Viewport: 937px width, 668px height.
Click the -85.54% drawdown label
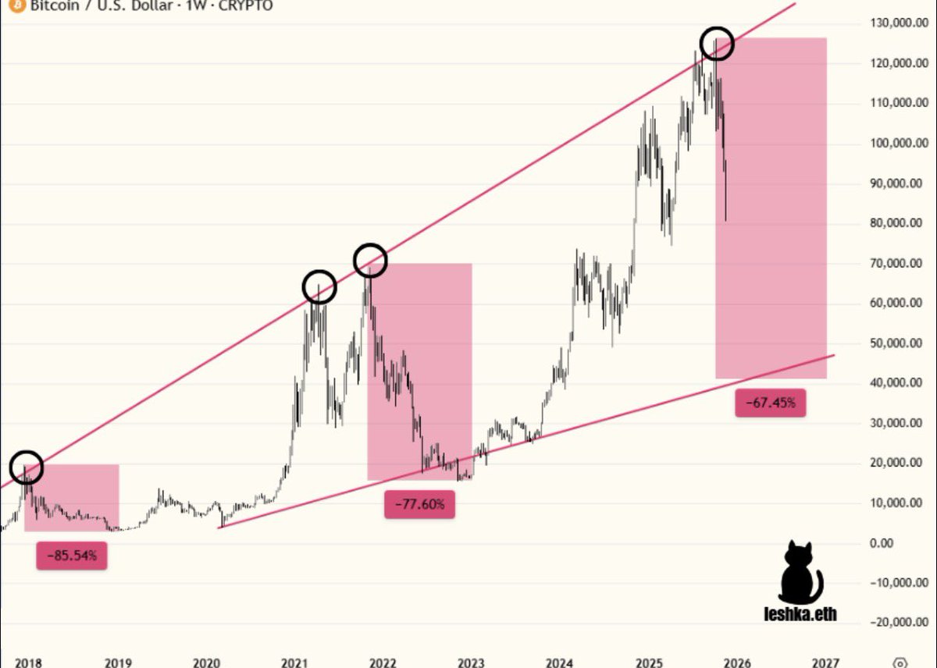click(x=71, y=556)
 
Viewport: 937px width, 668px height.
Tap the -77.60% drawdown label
click(x=419, y=504)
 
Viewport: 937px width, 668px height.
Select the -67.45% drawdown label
click(x=770, y=403)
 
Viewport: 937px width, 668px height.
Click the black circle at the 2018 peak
click(x=27, y=467)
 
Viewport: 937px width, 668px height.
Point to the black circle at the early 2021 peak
click(x=319, y=287)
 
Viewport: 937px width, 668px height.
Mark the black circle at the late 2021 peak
click(x=370, y=260)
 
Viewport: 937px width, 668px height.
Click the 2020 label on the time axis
click(x=206, y=663)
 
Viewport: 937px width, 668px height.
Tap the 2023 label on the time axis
click(x=471, y=663)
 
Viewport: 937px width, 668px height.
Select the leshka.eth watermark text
click(x=800, y=614)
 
